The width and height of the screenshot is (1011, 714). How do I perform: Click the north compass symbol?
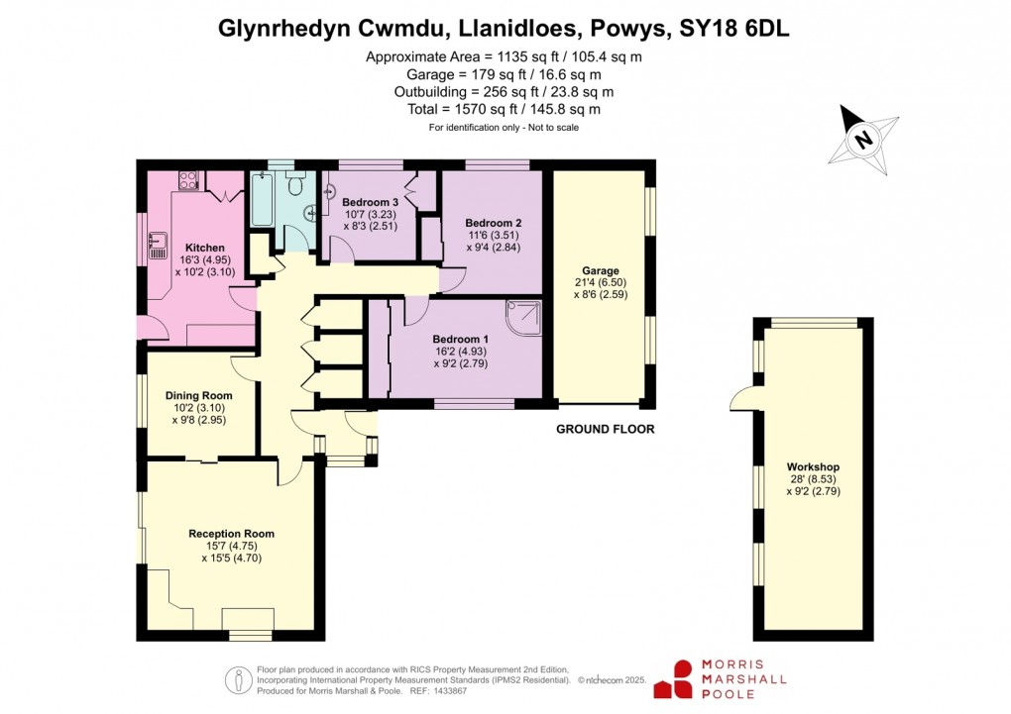[x=864, y=139]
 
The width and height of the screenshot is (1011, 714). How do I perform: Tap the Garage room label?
[x=601, y=270]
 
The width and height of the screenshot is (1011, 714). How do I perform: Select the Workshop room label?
[x=813, y=466]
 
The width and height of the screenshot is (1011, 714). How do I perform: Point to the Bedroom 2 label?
[x=493, y=223]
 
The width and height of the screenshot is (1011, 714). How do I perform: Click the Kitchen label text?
[x=205, y=248]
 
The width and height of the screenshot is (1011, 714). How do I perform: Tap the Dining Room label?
[x=198, y=396]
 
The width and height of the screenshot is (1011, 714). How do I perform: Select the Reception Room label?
[x=231, y=534]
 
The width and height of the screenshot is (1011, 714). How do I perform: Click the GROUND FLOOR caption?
[x=606, y=430]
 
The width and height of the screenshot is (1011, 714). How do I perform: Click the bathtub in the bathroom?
[x=262, y=198]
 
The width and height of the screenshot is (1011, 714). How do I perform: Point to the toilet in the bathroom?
[x=296, y=187]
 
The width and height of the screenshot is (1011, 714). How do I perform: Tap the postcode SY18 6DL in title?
[x=733, y=29]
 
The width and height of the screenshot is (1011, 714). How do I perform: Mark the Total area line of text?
[x=504, y=109]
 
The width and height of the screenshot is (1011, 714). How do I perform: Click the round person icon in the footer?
[x=238, y=680]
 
